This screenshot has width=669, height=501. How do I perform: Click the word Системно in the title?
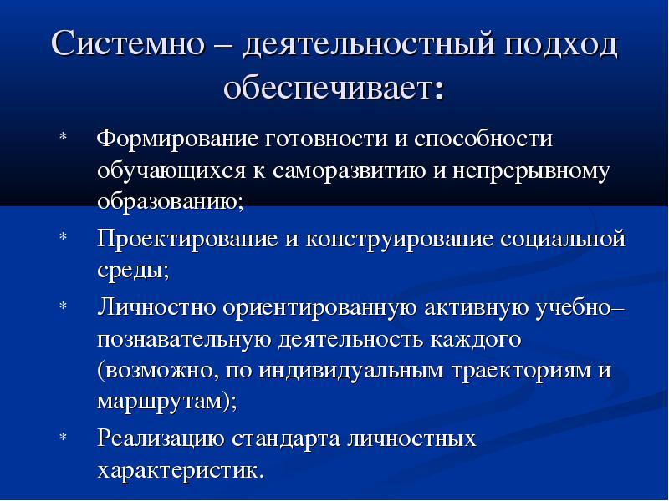128,43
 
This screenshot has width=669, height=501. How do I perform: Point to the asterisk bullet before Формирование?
64,137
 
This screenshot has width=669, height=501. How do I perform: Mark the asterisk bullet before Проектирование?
64,236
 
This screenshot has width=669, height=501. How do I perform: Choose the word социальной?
563,239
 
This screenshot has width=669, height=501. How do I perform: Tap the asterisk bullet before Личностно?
64,306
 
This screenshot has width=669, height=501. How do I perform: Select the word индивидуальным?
351,371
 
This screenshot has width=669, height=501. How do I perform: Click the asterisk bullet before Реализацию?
64,437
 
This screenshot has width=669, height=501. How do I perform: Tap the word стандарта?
285,440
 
